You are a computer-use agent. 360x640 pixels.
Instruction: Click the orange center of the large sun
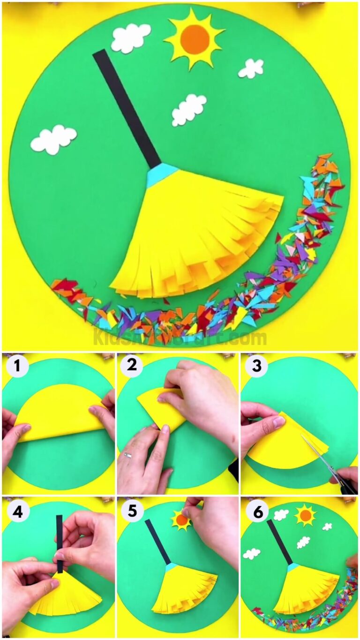195,38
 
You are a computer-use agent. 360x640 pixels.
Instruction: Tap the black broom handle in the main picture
127,108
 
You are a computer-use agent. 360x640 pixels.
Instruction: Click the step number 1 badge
17,366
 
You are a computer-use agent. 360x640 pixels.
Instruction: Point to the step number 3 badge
256,366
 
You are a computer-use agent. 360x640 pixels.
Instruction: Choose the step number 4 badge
17,512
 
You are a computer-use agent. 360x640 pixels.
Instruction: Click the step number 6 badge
257,512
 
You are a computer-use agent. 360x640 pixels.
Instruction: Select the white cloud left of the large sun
131,38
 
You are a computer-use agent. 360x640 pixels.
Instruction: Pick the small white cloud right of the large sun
251,68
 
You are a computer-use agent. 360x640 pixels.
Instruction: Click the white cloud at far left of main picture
53,139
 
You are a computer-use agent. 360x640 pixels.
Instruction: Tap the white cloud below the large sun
188,110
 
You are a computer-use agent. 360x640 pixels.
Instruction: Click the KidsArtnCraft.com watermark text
180,337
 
